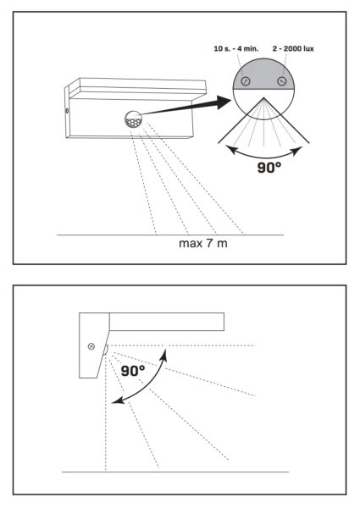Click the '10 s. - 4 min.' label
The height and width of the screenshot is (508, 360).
coord(235,48)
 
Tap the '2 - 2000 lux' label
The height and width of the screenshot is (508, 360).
coord(293,48)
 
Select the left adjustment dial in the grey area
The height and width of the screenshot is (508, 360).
coord(246,81)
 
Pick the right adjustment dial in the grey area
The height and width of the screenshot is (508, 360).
coord(282,81)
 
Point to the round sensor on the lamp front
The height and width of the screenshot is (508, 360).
coord(134,119)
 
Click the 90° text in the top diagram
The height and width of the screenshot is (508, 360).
coord(269,167)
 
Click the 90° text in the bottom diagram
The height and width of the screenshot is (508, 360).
coord(133,371)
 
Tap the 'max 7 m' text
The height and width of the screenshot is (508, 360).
coord(203,243)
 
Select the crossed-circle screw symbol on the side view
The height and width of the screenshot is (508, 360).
coord(91,346)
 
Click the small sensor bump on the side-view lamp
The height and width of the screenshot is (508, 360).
coord(106,351)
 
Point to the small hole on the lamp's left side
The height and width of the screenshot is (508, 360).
coord(67,111)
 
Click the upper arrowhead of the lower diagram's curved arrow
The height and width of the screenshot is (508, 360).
coord(164,355)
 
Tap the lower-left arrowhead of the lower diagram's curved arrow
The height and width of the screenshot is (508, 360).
coord(117,400)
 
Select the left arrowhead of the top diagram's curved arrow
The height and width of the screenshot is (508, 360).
coord(232,149)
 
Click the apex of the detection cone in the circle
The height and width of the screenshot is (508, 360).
coord(263,97)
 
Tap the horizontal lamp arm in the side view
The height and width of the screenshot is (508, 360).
coord(167,322)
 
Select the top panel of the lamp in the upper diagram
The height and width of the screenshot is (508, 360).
coord(139,87)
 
